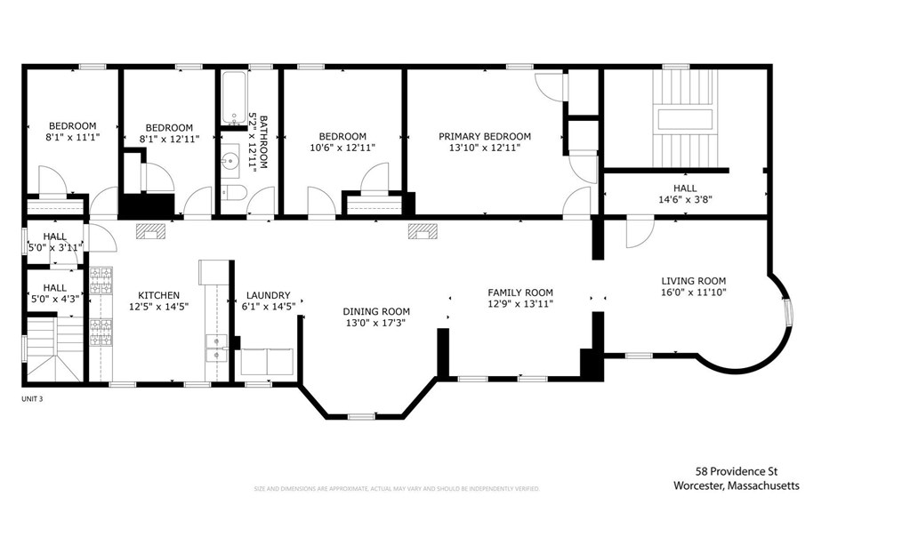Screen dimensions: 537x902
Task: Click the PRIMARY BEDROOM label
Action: tap(484, 136)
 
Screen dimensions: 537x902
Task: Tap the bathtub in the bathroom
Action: tap(235, 100)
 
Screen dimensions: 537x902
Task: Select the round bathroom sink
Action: tap(230, 162)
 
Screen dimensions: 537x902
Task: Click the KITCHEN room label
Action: tap(159, 295)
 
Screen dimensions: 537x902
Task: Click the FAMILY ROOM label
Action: tap(520, 293)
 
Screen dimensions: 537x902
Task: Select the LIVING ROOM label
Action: tap(693, 280)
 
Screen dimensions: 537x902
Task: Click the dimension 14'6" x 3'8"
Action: tap(684, 200)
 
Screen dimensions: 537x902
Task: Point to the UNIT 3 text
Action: tap(32, 399)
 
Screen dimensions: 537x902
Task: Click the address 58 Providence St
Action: tap(737, 472)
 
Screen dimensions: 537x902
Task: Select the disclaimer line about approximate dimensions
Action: tap(397, 489)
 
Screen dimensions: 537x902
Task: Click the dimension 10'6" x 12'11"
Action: tap(342, 148)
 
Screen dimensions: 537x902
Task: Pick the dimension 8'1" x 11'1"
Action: tap(72, 138)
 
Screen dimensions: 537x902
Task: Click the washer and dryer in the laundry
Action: tap(267, 362)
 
